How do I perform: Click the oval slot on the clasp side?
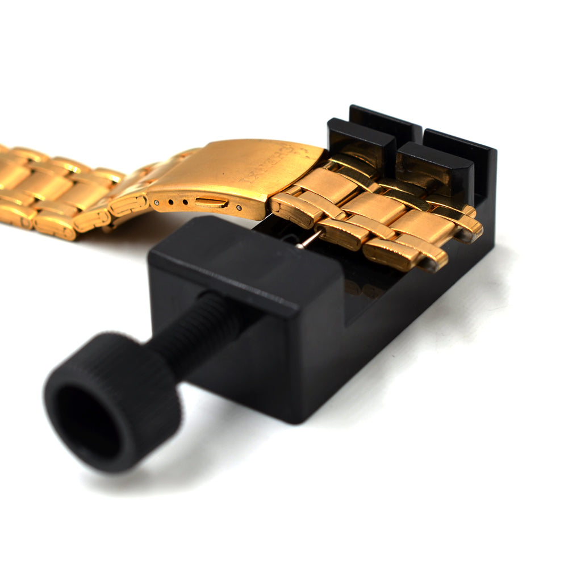211,202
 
